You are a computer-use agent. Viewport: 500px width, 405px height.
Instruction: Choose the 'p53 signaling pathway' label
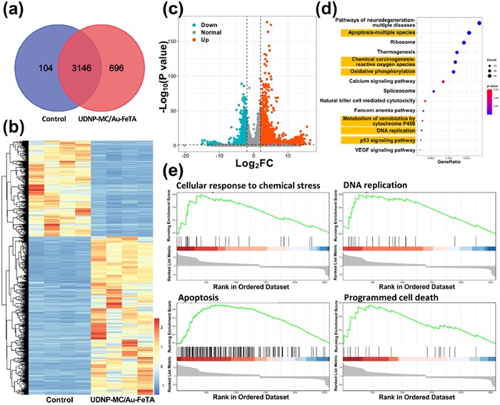point(389,141)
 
